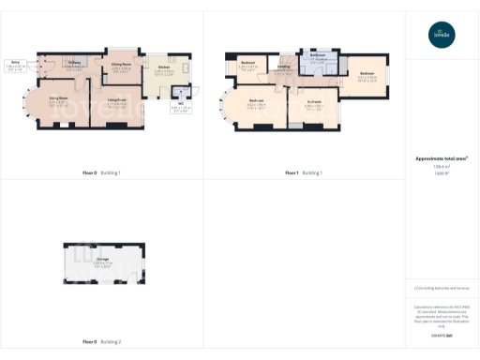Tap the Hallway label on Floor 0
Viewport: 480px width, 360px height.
click(x=74, y=64)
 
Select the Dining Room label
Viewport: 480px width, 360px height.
click(x=121, y=65)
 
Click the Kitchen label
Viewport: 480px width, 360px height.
click(x=163, y=67)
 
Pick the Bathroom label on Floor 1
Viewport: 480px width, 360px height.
click(x=318, y=55)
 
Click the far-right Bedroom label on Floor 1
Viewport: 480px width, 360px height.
click(x=367, y=74)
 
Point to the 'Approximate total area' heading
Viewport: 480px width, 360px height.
click(x=441, y=158)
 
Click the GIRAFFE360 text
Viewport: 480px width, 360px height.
click(x=440, y=335)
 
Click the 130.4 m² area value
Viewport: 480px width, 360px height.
click(x=440, y=167)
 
